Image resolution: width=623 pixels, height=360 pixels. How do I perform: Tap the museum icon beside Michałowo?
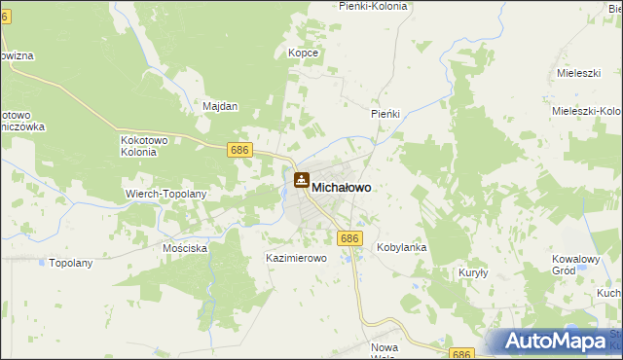302,181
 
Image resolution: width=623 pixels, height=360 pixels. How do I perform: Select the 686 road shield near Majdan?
240,150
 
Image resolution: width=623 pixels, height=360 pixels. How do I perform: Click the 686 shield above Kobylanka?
350,237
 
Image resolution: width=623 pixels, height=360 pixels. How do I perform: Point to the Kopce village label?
304,53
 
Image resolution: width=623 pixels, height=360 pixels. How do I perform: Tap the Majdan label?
220,106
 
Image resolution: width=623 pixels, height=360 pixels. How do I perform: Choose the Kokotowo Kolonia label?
146,146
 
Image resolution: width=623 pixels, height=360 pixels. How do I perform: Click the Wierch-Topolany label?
166,194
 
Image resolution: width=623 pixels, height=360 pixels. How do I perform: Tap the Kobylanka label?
402,248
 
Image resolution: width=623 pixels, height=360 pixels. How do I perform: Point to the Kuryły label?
473,273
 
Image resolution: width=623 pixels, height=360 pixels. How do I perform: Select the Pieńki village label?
386,114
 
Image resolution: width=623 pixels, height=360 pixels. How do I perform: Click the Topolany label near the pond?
70,264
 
